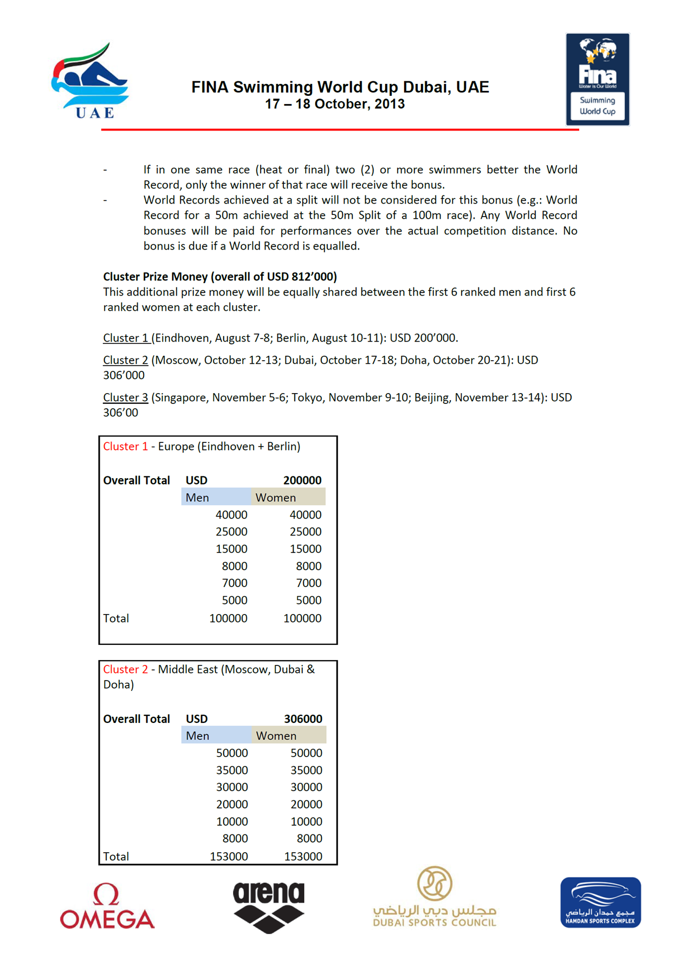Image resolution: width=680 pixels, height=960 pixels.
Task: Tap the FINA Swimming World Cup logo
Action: tap(598, 79)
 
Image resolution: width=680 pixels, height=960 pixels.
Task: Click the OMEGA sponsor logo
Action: tap(107, 906)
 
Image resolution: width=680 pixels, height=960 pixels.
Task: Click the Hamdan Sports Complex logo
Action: tap(600, 903)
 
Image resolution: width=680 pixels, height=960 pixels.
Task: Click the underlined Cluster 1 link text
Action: tap(126, 338)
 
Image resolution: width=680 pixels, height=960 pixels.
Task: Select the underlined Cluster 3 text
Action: tap(125, 397)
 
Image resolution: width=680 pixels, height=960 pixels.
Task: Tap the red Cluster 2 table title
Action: tap(125, 669)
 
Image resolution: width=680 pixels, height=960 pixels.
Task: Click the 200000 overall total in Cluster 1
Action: tap(302, 480)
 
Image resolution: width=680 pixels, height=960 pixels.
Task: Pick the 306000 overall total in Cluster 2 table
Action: tap(303, 719)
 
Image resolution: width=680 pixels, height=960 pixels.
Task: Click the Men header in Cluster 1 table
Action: tap(197, 498)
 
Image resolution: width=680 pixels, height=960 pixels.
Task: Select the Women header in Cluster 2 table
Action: tap(276, 736)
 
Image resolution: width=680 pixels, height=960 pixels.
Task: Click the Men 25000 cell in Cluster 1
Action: tap(231, 532)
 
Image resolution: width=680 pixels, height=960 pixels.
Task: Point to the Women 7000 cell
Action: tap(309, 583)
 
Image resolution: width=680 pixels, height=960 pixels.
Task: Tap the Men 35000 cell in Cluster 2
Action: tap(232, 770)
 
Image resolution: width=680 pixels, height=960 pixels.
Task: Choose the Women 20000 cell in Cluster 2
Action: tap(306, 804)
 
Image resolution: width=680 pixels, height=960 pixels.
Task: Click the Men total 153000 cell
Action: tap(229, 856)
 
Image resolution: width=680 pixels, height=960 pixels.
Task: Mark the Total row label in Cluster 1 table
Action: tap(116, 618)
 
